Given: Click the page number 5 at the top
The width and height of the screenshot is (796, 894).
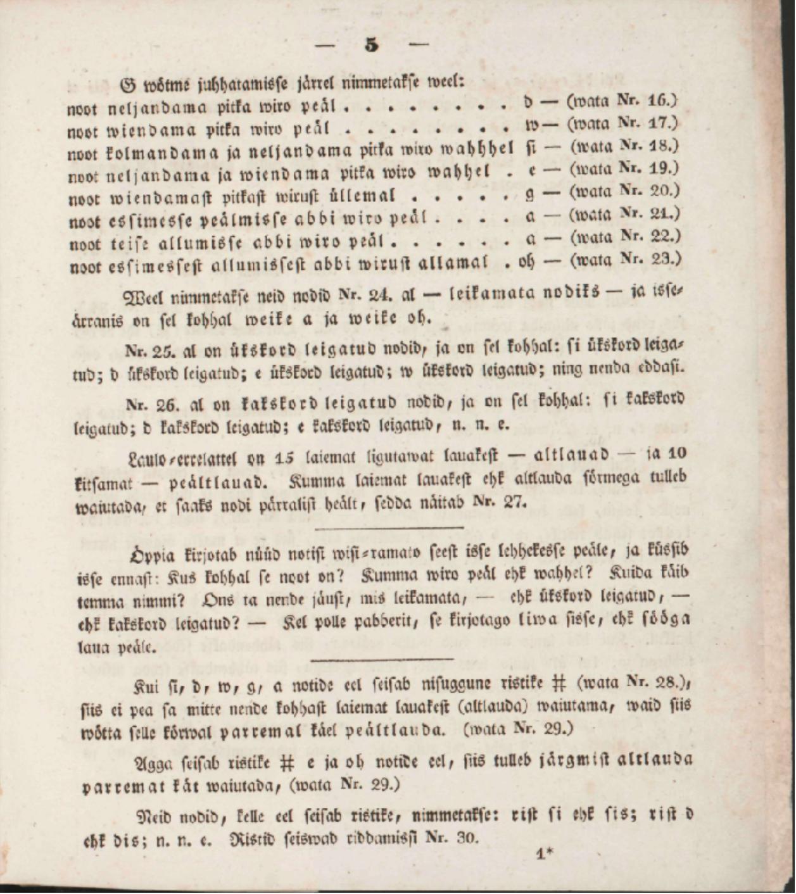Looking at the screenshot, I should (x=372, y=45).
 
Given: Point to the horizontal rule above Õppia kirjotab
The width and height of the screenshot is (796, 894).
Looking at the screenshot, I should (x=388, y=527).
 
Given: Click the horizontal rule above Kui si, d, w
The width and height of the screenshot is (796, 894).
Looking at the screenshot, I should (x=382, y=660).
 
